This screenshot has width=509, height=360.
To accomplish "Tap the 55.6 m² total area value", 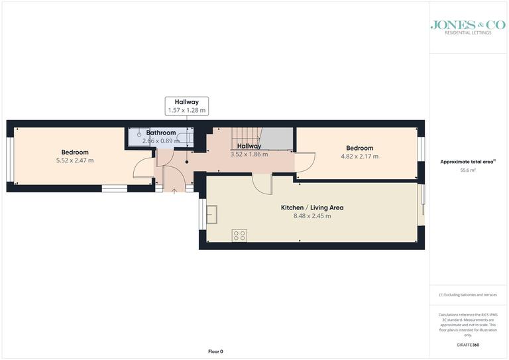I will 468,170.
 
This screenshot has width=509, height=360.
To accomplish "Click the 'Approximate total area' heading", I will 467,162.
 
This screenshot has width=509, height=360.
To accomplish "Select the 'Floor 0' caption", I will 215,351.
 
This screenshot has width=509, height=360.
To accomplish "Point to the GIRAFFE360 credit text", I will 467,345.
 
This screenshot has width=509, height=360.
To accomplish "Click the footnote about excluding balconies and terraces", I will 467,294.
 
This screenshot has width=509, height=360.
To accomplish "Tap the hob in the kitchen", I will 239,235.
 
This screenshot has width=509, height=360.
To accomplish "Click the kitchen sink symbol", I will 213,215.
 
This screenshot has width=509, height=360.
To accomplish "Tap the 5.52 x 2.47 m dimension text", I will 75,160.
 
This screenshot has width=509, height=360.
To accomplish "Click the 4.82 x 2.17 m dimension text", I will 359,156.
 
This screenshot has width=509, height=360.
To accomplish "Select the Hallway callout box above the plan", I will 186,105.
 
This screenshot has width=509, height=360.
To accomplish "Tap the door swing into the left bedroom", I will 143,168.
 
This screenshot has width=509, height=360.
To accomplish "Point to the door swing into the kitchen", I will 262,184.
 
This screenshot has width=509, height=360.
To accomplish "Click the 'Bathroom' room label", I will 161,133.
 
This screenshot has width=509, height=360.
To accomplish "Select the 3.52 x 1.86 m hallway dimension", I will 249,154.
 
